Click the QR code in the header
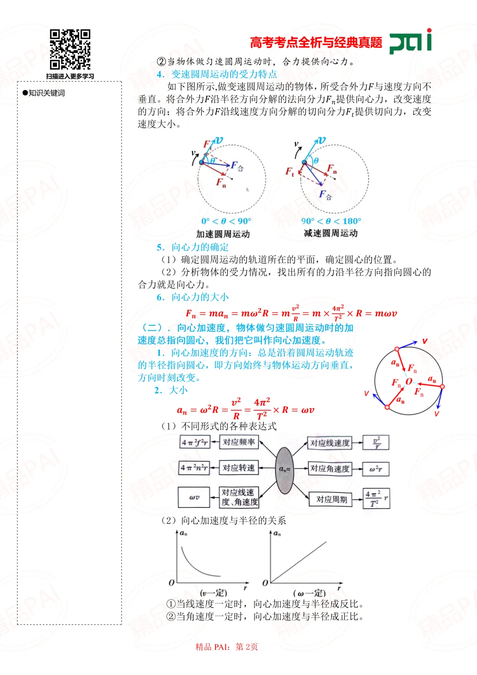(70, 50)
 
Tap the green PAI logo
(410, 42)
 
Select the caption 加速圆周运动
(223, 234)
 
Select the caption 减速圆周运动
(331, 233)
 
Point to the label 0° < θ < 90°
(226, 221)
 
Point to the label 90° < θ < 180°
(331, 221)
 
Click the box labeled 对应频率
(238, 442)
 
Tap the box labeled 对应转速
(238, 468)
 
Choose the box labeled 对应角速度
(330, 469)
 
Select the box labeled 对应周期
(331, 500)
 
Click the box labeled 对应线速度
(330, 443)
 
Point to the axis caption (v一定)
(213, 593)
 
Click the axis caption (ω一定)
(309, 593)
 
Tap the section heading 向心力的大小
(200, 297)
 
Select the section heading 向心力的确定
(200, 247)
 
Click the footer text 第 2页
(247, 647)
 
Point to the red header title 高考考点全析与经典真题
(316, 42)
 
